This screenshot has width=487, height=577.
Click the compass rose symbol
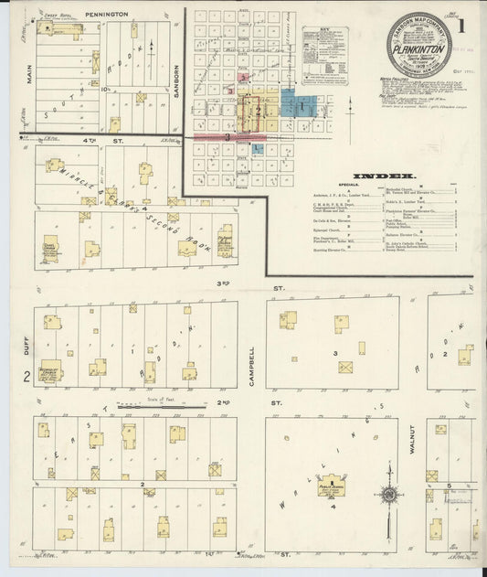(390, 497)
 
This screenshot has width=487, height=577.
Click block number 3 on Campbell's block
(335, 352)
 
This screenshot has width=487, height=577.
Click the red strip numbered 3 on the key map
(228, 137)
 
